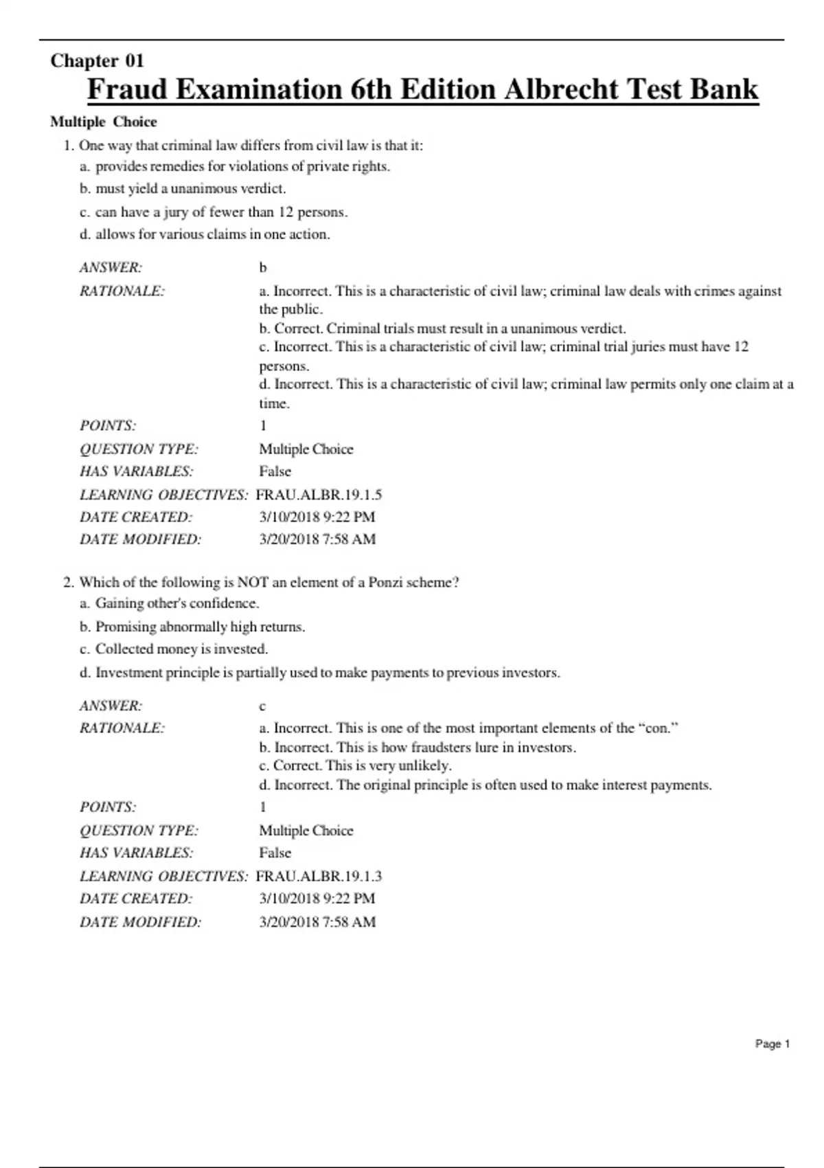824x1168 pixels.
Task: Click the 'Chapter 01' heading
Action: click(97, 61)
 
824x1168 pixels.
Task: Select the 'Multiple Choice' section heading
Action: click(104, 122)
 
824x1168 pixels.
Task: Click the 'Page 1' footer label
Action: click(772, 1044)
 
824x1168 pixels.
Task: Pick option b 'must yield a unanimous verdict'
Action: click(190, 189)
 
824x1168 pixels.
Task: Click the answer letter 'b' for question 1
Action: click(263, 268)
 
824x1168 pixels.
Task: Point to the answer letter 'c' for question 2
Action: click(262, 706)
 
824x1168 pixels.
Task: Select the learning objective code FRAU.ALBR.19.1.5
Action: click(319, 495)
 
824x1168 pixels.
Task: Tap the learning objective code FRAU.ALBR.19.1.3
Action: click(319, 876)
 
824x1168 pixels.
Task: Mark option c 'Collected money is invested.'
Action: click(181, 649)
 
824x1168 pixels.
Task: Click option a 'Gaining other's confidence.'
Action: click(176, 603)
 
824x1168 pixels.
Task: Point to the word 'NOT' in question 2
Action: click(253, 583)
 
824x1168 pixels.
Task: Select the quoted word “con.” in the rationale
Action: click(659, 728)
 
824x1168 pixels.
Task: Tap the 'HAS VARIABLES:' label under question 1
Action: click(137, 471)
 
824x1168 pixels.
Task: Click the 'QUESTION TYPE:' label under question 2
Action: click(139, 831)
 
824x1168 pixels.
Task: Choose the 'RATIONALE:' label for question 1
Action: click(122, 291)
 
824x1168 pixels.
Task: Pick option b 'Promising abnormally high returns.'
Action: click(200, 627)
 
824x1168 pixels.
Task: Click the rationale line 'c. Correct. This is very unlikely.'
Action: click(355, 765)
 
